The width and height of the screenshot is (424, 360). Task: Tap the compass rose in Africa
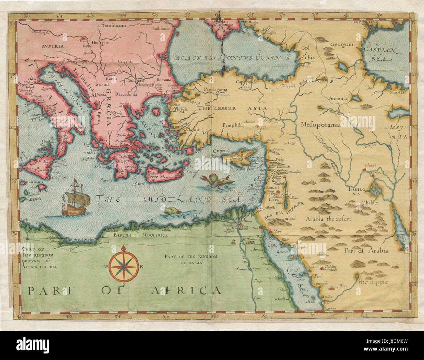pos(124,266)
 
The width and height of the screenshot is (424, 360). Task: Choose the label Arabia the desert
pos(328,219)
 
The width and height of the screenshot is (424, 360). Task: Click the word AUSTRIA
pos(52,46)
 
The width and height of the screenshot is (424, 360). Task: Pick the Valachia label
pos(125,61)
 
